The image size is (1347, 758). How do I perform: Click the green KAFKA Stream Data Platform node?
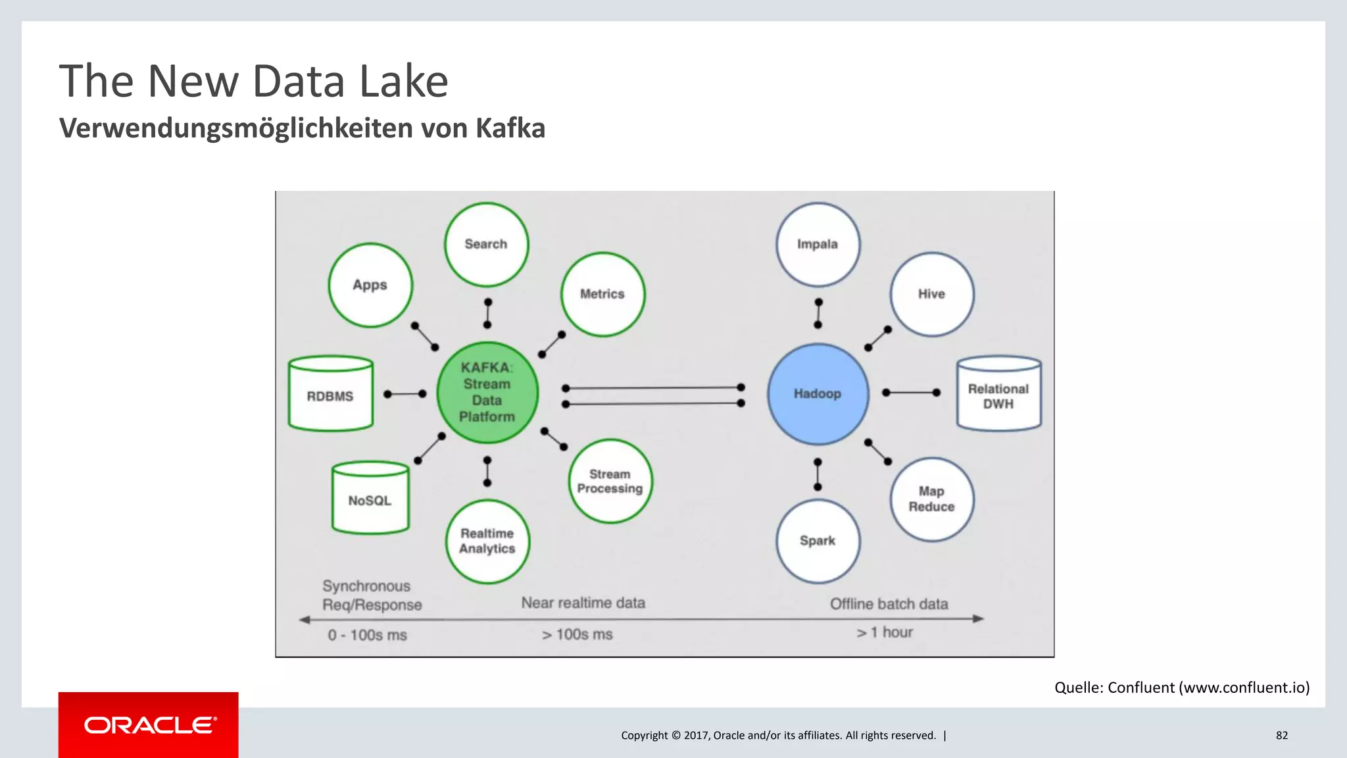click(487, 392)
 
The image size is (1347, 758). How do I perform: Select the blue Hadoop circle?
click(818, 393)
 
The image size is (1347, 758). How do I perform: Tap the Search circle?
click(486, 244)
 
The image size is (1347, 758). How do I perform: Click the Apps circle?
click(370, 285)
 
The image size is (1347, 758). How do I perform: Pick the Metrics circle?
click(602, 294)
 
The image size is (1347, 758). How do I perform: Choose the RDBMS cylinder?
click(331, 395)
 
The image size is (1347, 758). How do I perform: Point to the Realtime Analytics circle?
click(487, 541)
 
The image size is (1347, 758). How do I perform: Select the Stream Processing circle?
click(610, 481)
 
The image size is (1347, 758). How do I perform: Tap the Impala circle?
click(818, 244)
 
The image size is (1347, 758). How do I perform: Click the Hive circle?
click(931, 294)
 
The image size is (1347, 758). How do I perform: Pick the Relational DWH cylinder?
click(998, 395)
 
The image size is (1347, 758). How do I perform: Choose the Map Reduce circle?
click(931, 499)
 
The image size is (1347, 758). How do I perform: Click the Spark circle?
click(818, 541)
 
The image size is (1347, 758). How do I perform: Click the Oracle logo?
click(149, 725)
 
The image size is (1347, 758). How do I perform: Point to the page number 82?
click(1281, 736)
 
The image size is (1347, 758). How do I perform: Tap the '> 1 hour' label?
click(885, 632)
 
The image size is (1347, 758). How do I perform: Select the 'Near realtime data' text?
click(583, 603)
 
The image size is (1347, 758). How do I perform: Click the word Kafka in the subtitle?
click(510, 128)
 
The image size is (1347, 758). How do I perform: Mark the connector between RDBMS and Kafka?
click(405, 394)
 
